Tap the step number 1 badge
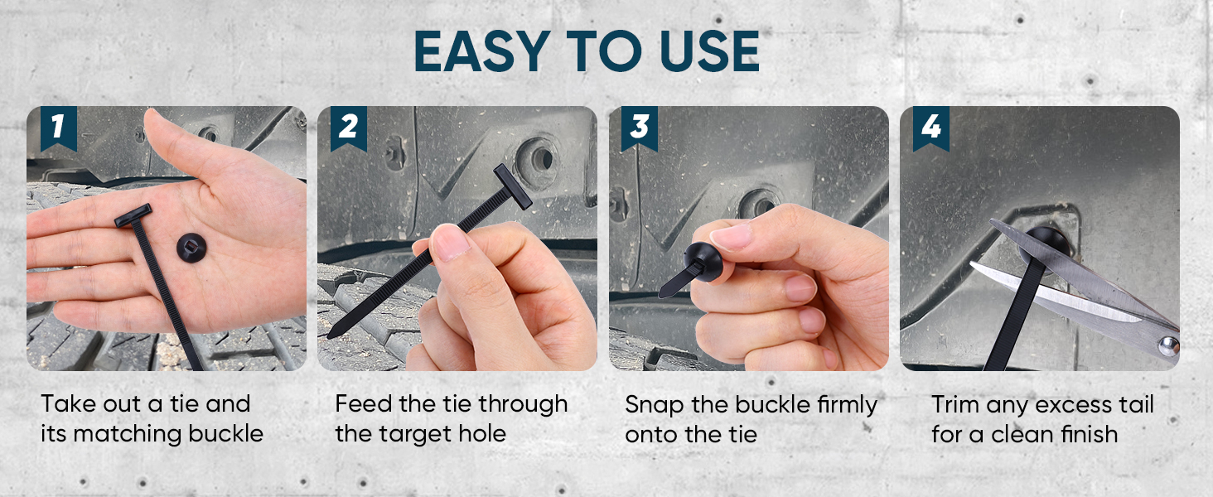(x=56, y=128)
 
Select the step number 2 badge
(x=348, y=128)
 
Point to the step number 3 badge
(x=640, y=128)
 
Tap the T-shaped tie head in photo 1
(x=133, y=215)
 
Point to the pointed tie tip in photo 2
(x=331, y=335)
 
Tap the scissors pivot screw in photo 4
(x=1168, y=343)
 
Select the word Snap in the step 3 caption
(x=652, y=404)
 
